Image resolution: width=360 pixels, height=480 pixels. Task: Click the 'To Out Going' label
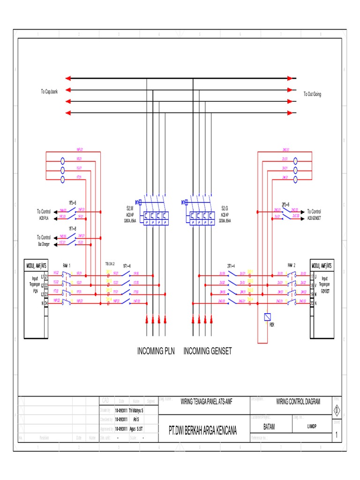click(x=312, y=94)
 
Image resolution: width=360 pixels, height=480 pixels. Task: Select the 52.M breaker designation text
click(x=130, y=207)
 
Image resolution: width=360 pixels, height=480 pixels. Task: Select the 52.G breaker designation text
click(x=225, y=207)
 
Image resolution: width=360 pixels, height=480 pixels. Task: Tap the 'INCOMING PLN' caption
click(x=156, y=351)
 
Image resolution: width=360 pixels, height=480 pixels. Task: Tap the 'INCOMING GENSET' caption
click(x=208, y=351)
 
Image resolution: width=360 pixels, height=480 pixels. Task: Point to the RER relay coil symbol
click(x=267, y=316)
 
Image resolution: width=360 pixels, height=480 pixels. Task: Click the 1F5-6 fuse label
click(x=73, y=203)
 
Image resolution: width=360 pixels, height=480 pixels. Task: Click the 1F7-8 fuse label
click(x=73, y=228)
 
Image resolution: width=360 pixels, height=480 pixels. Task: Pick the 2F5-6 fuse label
click(x=285, y=204)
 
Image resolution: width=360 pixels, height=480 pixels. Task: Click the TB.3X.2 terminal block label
click(x=110, y=264)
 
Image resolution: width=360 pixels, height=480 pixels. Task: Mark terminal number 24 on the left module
click(x=46, y=303)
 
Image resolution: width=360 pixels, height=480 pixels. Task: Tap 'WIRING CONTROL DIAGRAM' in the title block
click(x=298, y=402)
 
